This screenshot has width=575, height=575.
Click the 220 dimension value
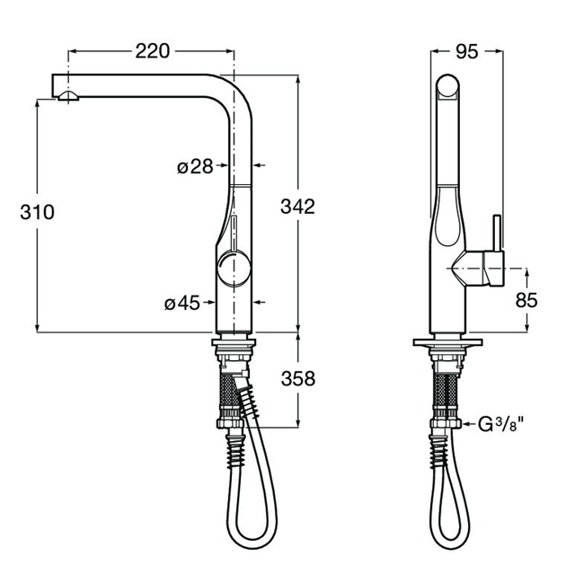click(153, 51)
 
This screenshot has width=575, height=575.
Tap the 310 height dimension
click(37, 212)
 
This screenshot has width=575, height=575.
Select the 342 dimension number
click(297, 207)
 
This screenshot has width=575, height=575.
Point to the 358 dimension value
click(297, 378)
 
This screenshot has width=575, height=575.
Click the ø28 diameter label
click(195, 167)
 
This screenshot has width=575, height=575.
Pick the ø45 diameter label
click(182, 304)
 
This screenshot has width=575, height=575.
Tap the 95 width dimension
click(467, 52)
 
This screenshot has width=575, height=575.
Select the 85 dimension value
click(526, 300)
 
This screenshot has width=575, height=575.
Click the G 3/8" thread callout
click(500, 425)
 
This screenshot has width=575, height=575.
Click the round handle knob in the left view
click(234, 267)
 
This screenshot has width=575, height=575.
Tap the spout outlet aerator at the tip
click(68, 95)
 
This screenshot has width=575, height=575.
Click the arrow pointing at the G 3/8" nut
click(469, 424)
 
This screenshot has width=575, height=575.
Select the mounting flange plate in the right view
click(447, 342)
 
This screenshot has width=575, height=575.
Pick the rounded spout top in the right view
click(447, 86)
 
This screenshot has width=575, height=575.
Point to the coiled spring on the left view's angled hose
click(251, 402)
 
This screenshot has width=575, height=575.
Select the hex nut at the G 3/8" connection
click(446, 424)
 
